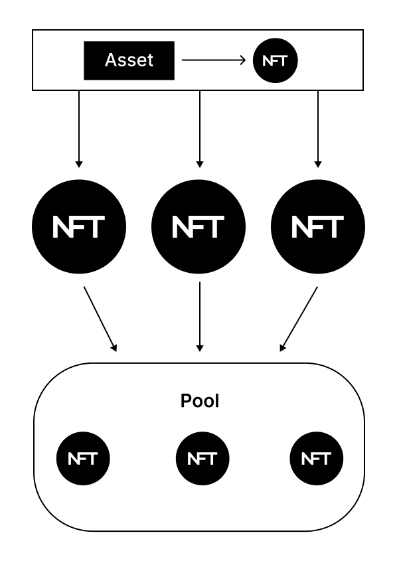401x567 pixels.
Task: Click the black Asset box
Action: click(129, 60)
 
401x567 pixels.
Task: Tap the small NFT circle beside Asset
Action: click(276, 60)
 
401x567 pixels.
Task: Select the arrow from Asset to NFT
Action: click(212, 60)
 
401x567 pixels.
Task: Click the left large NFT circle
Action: click(79, 226)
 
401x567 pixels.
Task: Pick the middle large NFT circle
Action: click(199, 226)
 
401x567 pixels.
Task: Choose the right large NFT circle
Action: click(318, 226)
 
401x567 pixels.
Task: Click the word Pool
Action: click(199, 401)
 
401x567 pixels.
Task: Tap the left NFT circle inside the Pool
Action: click(82, 458)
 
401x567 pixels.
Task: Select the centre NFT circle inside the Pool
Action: click(202, 458)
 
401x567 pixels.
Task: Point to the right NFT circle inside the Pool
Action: click(317, 458)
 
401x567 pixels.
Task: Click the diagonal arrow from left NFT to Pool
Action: click(100, 318)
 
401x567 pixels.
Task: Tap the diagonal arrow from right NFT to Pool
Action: click(299, 318)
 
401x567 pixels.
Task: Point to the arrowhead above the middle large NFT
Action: click(199, 163)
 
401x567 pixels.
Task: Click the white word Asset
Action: click(129, 60)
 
